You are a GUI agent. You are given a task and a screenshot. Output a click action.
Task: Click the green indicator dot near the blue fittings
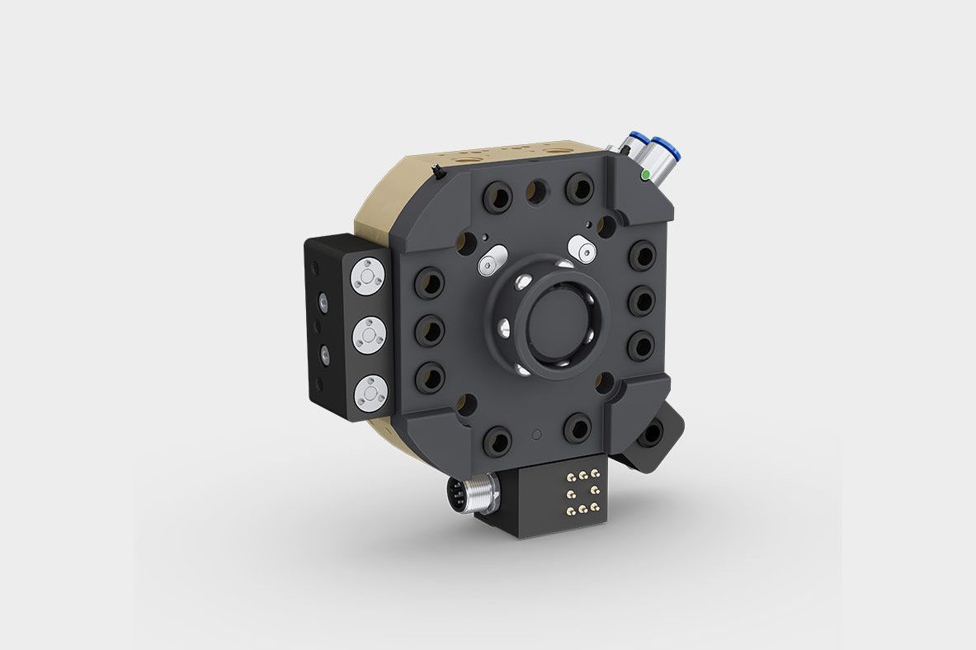pyautogui.click(x=644, y=175)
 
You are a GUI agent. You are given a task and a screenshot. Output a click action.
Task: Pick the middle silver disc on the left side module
pyautogui.click(x=370, y=334)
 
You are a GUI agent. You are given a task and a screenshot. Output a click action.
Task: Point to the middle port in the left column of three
pyautogui.click(x=428, y=332)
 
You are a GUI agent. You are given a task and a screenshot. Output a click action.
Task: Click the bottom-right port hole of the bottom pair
pyautogui.click(x=577, y=428)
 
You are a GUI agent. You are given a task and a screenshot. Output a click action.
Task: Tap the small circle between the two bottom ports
pyautogui.click(x=538, y=434)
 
